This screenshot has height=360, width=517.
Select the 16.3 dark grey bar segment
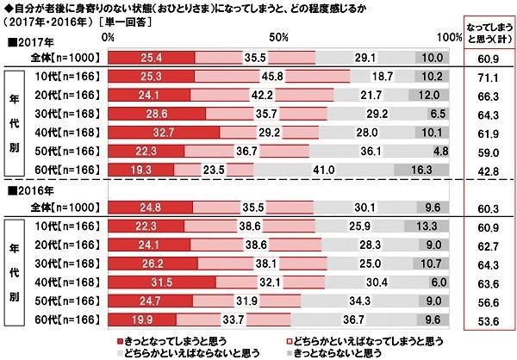click(x=435, y=171)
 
